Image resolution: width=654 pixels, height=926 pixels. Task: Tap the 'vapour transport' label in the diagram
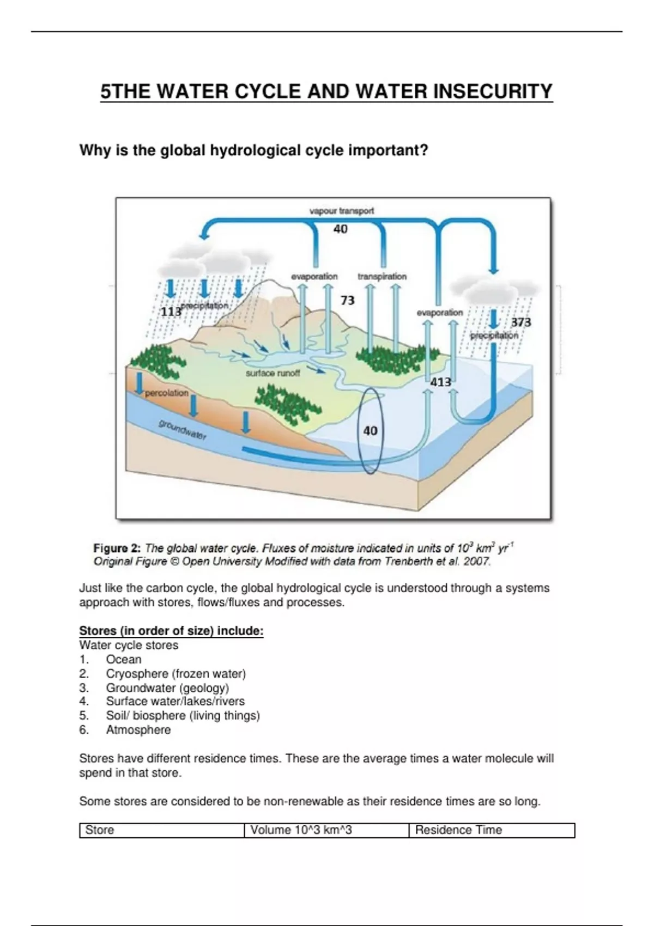point(341,211)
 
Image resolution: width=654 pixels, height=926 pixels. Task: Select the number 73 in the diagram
point(348,301)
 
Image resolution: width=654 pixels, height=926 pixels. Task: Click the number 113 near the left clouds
point(171,311)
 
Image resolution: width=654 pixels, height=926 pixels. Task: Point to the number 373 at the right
point(521,322)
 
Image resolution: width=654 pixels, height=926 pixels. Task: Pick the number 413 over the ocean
point(440,382)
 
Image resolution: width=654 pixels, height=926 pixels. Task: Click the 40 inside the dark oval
point(370,431)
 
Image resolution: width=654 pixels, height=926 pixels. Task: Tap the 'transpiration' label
point(382,276)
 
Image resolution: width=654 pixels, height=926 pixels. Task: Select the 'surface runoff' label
point(272,373)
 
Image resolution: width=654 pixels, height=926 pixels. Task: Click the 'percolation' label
point(167,393)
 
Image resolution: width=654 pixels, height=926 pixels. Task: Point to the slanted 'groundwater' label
point(183,430)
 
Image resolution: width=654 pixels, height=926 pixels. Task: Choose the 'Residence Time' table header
point(458,830)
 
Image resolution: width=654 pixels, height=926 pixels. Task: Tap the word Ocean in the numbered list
point(124,659)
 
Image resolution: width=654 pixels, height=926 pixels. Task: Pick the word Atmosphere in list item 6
point(138,730)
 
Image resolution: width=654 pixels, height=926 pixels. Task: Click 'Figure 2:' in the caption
point(117,548)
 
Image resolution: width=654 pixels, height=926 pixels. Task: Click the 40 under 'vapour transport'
point(341,229)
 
